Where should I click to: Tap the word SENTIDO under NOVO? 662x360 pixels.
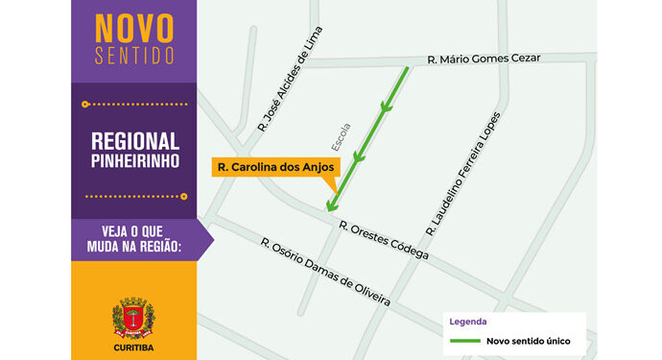point(134,53)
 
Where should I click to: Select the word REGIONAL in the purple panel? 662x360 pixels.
point(134,140)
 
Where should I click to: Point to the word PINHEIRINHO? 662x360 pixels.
point(134,161)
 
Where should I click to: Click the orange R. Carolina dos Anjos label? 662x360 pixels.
point(274,166)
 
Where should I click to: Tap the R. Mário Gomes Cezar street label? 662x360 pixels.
point(484,59)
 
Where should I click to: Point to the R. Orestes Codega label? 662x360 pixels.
point(383,240)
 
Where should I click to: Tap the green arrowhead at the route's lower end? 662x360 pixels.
point(331,204)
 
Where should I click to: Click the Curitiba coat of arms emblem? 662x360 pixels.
point(133,318)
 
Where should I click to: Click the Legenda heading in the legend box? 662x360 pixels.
point(466,322)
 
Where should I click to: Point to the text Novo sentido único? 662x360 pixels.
point(531,340)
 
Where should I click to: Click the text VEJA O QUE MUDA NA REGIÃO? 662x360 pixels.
point(134,239)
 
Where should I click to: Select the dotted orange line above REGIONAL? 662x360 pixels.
point(133,103)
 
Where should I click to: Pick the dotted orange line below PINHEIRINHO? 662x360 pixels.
point(133,196)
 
